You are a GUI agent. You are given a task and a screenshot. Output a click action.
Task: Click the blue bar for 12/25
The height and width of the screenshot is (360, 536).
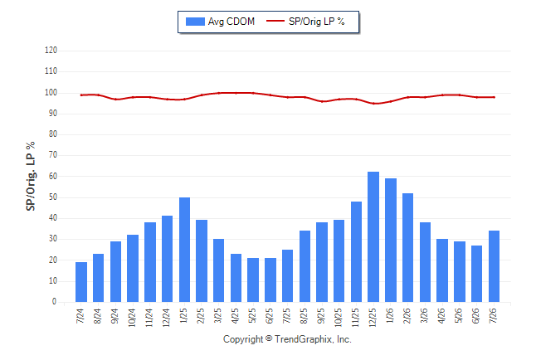pyautogui.click(x=373, y=237)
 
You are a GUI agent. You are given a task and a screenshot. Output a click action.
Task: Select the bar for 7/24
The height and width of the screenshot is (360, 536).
pyautogui.click(x=81, y=282)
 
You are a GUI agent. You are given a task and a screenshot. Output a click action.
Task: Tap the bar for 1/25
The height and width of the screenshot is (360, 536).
pyautogui.click(x=184, y=250)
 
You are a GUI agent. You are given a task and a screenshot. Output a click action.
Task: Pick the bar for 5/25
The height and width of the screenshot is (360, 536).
pyautogui.click(x=253, y=280)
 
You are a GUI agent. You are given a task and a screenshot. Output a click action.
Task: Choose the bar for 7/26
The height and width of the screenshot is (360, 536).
pyautogui.click(x=494, y=266)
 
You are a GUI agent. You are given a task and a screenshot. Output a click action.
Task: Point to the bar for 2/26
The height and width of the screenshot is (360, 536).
pyautogui.click(x=408, y=247)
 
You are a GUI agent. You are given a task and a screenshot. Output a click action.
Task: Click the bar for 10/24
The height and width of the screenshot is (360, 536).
pyautogui.click(x=133, y=269)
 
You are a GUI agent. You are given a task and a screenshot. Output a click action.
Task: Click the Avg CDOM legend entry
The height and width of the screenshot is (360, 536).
pyautogui.click(x=220, y=22)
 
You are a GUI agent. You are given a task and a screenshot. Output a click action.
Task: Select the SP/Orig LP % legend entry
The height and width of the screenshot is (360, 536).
pyautogui.click(x=305, y=22)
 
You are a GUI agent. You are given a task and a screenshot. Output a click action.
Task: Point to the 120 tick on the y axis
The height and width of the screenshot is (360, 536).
pyautogui.click(x=51, y=51)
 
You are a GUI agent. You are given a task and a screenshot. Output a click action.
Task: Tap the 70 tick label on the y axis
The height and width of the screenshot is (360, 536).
pyautogui.click(x=52, y=155)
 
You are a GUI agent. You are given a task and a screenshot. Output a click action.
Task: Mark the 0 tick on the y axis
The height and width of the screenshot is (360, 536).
pyautogui.click(x=55, y=302)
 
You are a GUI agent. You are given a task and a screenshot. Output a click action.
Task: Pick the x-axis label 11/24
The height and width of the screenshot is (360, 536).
pyautogui.click(x=149, y=318)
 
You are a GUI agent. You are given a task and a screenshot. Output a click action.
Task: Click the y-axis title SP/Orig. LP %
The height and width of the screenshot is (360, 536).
pyautogui.click(x=31, y=176)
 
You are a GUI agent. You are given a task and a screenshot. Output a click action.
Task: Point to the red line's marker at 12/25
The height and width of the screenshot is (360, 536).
pyautogui.click(x=373, y=103)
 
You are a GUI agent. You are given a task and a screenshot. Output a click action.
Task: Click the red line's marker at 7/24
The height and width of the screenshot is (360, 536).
pyautogui.click(x=81, y=95)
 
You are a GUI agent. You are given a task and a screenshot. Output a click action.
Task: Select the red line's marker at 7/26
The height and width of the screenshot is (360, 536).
pyautogui.click(x=495, y=97)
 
